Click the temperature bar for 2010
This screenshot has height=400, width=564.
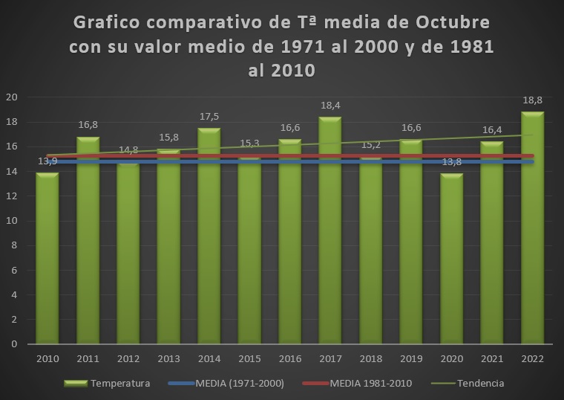tap(47, 260)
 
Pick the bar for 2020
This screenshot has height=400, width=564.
tap(452, 260)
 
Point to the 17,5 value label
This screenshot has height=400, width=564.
tap(209, 116)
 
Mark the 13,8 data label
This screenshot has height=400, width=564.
tap(452, 162)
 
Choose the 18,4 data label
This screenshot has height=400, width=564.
tap(330, 105)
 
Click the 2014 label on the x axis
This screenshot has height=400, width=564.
tap(209, 358)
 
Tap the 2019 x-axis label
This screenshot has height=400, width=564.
tap(411, 358)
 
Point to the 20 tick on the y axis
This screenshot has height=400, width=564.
tap(11, 97)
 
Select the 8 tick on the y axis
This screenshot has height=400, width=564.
tap(13, 245)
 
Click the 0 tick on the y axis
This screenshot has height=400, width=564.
tap(13, 344)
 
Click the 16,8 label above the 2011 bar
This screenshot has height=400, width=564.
tap(88, 126)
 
